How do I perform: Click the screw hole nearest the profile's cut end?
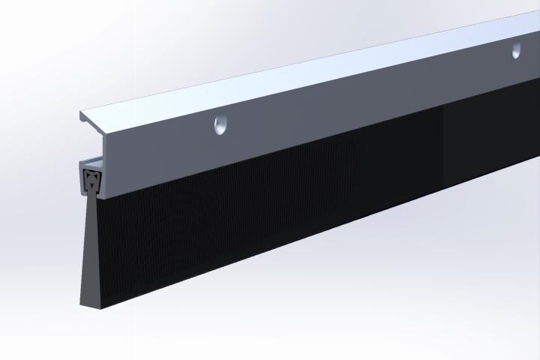(219, 124)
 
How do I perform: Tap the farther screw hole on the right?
(516, 51)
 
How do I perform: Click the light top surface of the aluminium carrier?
(300, 75)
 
